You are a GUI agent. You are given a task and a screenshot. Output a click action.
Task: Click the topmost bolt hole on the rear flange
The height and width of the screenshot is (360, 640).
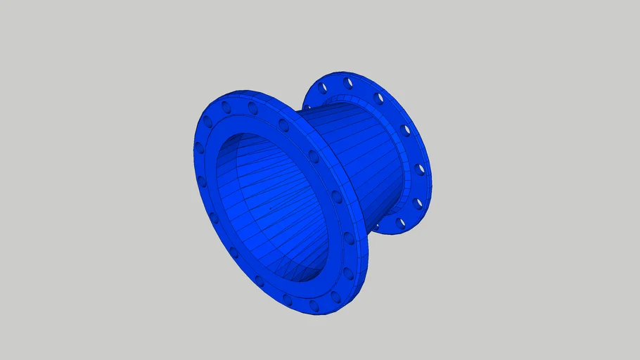(x=347, y=83)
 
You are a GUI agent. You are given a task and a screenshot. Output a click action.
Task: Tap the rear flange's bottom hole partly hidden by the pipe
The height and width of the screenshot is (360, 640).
(x=376, y=227)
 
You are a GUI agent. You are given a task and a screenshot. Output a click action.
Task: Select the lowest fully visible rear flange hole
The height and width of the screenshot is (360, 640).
(x=401, y=224)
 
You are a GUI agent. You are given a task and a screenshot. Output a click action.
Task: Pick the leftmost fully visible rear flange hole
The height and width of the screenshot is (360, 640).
(x=323, y=89)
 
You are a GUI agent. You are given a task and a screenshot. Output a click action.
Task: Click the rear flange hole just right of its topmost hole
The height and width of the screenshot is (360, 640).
(x=378, y=98)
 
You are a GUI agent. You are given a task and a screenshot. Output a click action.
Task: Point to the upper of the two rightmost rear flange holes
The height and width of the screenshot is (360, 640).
(x=420, y=169)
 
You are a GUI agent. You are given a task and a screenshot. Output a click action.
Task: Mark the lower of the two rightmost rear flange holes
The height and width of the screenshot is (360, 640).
(x=418, y=204)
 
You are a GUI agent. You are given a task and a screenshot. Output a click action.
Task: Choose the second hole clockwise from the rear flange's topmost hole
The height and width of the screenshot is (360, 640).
(x=405, y=131)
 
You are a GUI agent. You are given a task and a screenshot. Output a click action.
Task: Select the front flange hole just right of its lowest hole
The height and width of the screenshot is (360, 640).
(x=336, y=297)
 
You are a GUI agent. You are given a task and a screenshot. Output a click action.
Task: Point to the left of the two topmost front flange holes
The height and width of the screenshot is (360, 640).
(x=226, y=107)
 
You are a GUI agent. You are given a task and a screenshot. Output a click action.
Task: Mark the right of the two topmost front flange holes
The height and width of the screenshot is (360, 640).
(x=252, y=108)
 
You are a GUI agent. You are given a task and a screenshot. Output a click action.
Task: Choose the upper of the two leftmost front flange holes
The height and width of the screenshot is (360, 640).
(x=199, y=148)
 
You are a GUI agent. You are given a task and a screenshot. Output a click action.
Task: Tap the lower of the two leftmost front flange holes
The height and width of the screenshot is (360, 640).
(x=203, y=181)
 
